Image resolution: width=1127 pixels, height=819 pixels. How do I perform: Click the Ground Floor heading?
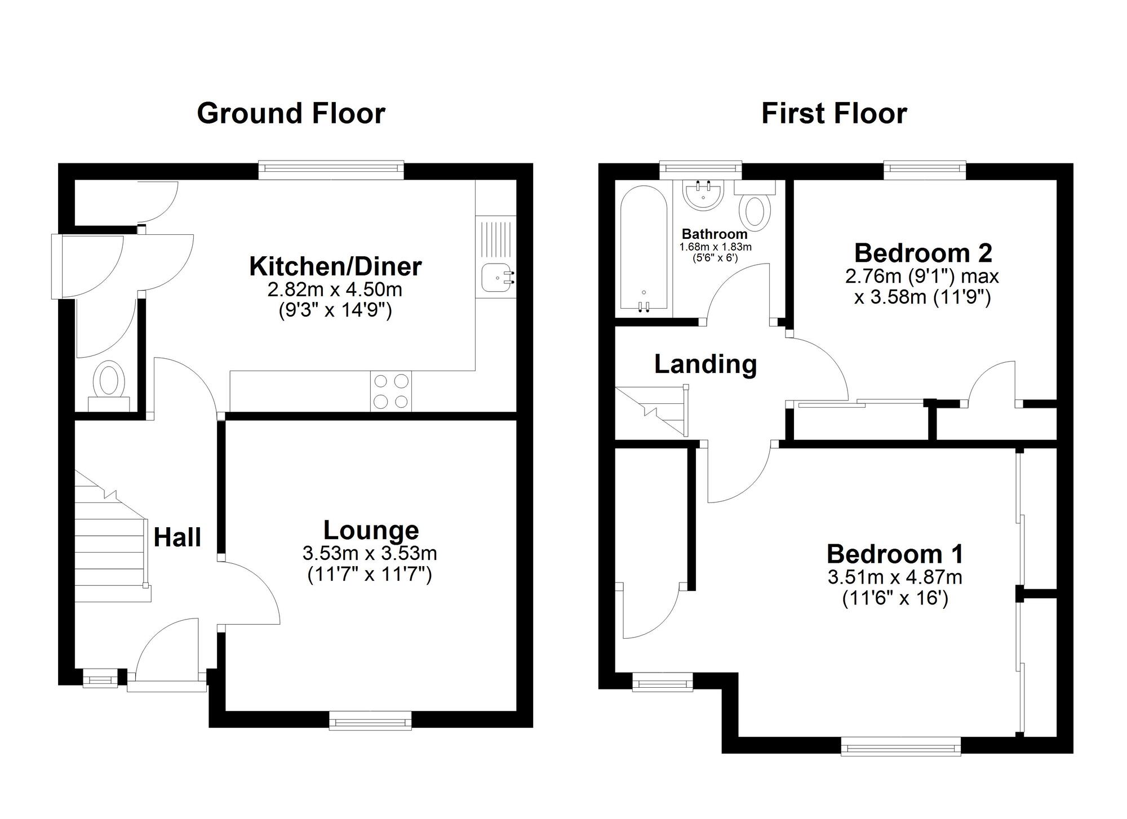[x=291, y=113]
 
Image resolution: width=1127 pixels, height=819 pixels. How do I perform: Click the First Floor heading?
[x=834, y=113]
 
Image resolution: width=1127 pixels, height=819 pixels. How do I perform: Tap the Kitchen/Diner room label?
[x=335, y=266]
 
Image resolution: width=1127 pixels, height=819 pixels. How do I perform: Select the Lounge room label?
[x=371, y=530]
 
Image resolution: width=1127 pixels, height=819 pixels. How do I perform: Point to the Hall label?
[x=177, y=537]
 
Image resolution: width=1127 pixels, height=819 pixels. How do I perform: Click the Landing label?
[x=706, y=364]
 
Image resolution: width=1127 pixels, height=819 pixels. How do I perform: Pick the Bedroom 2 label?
[x=923, y=253]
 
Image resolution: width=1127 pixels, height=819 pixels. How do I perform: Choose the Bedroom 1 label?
[x=895, y=554]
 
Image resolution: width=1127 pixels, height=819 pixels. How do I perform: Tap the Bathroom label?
[x=715, y=234]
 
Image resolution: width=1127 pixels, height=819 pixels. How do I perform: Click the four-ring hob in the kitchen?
[x=391, y=391]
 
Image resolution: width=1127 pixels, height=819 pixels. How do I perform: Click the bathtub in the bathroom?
[x=644, y=249]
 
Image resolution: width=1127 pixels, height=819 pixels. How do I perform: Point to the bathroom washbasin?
[x=703, y=195]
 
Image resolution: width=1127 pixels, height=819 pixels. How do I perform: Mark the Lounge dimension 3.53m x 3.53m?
[x=370, y=553]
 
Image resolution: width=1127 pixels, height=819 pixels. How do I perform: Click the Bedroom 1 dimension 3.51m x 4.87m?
[x=895, y=577]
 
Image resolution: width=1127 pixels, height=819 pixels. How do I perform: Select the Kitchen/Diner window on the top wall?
[x=331, y=170]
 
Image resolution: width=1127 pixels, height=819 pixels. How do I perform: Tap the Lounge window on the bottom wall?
[x=370, y=720]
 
